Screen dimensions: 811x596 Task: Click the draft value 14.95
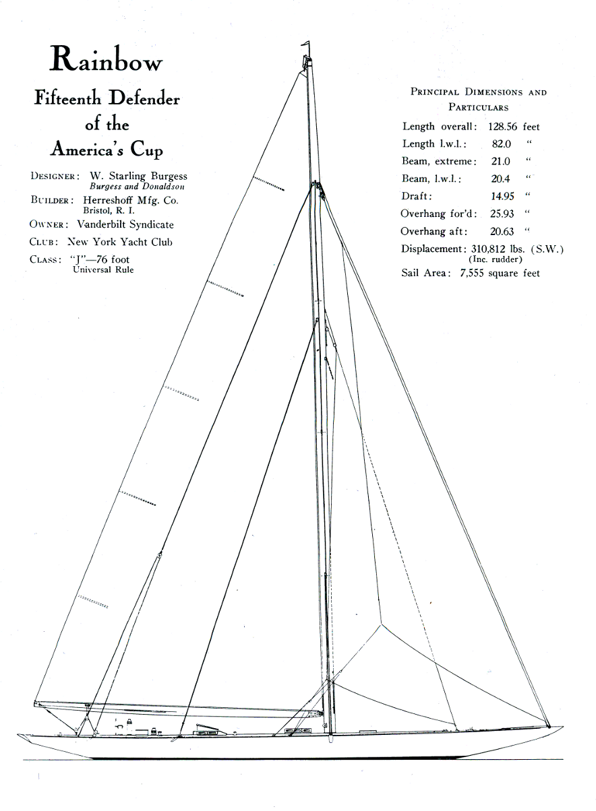(502, 197)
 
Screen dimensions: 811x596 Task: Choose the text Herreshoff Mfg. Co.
(131, 200)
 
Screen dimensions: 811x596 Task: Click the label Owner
(51, 225)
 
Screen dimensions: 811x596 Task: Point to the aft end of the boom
(36, 704)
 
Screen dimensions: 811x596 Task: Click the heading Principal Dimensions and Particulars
(479, 99)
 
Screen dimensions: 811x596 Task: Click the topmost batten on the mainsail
(268, 184)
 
